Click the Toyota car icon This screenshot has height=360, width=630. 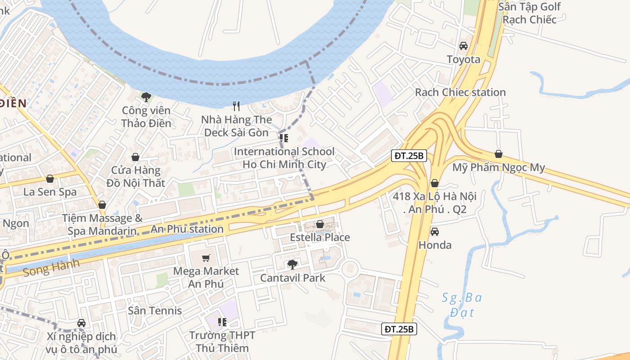tap(463, 46)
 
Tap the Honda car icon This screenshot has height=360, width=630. tap(435, 232)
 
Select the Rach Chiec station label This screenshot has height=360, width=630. tap(460, 92)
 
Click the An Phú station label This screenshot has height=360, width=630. tap(187, 229)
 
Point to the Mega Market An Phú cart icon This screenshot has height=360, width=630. tap(206, 258)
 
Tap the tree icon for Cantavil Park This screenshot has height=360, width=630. tap(292, 264)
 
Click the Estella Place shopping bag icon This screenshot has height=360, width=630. tap(320, 224)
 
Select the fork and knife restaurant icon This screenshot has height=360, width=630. tap(236, 106)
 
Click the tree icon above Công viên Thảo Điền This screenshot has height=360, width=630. tap(146, 97)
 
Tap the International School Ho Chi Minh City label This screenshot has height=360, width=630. tap(284, 158)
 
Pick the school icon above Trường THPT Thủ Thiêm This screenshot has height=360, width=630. tap(222, 322)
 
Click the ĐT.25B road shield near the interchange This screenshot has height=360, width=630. tap(409, 156)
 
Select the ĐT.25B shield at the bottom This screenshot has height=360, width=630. tap(399, 329)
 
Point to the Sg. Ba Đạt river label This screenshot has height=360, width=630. tap(462, 304)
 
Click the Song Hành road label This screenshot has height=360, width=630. tap(51, 268)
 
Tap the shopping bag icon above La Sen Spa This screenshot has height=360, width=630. tap(50, 179)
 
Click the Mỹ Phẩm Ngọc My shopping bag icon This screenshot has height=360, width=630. tap(498, 154)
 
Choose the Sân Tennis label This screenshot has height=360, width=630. tap(155, 310)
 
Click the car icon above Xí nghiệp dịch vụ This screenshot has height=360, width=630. tap(81, 323)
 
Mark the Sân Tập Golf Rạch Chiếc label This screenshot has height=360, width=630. tap(530, 13)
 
